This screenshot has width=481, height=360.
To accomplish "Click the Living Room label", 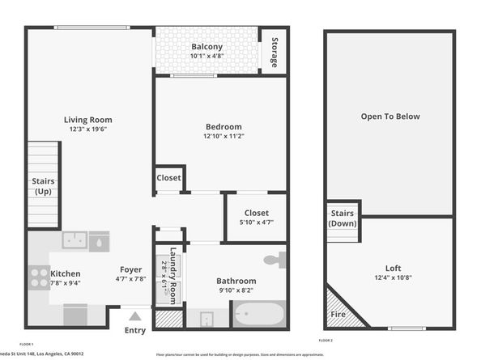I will [88, 120].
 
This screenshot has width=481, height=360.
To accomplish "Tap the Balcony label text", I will [206, 46].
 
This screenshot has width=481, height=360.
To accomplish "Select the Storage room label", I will [274, 52].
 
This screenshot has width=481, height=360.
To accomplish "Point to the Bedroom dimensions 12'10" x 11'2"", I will [223, 137].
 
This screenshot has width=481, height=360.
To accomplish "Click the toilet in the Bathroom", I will [275, 260].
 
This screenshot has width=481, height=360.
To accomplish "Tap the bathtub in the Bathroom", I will [259, 313].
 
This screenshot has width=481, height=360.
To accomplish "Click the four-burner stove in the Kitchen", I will [39, 277].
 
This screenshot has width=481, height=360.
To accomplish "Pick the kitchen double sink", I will [76, 240].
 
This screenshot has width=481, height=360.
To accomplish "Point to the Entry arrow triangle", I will [135, 316].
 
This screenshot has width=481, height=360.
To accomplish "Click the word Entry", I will [135, 329].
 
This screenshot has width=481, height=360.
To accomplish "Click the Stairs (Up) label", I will [43, 186].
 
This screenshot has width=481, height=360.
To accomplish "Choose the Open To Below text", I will [390, 116].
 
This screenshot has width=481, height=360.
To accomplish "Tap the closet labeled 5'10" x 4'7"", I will [256, 218].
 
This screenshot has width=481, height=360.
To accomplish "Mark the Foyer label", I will [131, 269].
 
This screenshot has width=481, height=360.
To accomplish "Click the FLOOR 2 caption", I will [326, 341].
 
